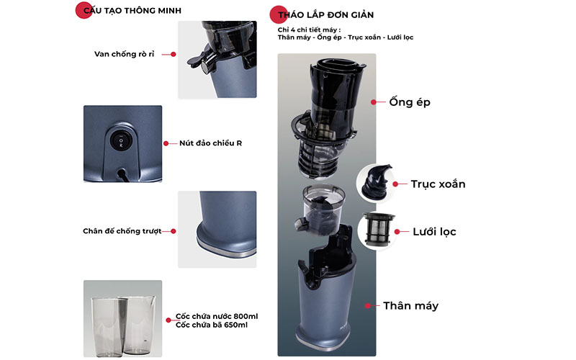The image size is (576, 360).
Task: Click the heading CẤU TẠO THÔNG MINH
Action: (x=132, y=11)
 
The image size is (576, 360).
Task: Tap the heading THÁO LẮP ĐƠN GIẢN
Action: (x=326, y=15)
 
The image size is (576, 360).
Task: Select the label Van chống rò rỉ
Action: (x=124, y=54)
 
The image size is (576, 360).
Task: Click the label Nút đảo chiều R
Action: (x=210, y=143)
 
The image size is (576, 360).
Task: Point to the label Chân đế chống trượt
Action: (x=122, y=231)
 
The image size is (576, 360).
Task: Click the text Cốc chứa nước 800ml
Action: (x=217, y=316)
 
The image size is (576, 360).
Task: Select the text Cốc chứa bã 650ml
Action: (x=212, y=325)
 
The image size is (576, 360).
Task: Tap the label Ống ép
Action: (x=410, y=102)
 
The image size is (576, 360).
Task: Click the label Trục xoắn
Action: (x=438, y=184)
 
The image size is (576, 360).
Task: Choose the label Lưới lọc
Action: (x=435, y=232)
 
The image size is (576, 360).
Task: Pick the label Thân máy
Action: (x=410, y=306)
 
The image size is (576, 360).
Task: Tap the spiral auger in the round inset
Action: (x=374, y=182)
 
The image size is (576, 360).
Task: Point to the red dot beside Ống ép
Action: (x=373, y=102)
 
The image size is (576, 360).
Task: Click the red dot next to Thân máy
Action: (x=368, y=305)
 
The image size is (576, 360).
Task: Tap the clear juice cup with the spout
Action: (x=139, y=324)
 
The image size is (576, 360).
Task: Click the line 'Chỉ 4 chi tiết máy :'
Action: (x=309, y=30)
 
